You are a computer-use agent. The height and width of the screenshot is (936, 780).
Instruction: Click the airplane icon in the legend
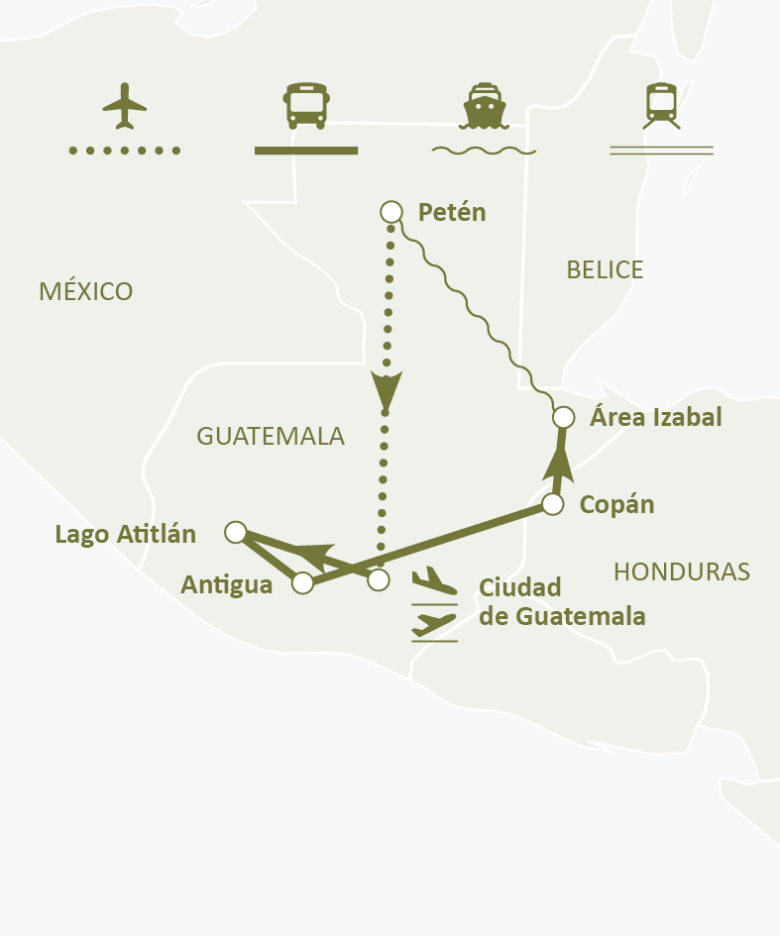[x=124, y=105]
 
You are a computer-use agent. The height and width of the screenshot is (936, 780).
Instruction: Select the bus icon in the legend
[x=305, y=105]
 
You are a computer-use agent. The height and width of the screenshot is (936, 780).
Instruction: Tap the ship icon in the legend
[x=485, y=105]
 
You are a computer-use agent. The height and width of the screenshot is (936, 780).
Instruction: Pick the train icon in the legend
[x=661, y=105]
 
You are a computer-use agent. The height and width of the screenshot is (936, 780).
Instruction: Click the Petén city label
[x=452, y=212]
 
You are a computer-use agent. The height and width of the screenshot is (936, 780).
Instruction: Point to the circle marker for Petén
[x=391, y=211]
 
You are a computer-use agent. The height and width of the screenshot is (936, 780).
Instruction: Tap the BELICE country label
[x=605, y=269]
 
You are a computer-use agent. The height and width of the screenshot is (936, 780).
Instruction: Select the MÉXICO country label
[x=85, y=291]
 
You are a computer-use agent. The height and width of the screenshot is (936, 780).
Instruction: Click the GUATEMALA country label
[x=270, y=436]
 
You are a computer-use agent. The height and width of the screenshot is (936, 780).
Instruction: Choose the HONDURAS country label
[x=681, y=572]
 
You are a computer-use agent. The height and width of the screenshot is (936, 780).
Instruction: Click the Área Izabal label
[x=655, y=417]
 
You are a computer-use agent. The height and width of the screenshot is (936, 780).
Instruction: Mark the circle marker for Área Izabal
[x=563, y=417]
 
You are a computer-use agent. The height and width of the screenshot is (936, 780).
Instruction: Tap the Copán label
[x=616, y=504]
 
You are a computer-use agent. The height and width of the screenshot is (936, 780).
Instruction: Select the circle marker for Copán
[x=553, y=505]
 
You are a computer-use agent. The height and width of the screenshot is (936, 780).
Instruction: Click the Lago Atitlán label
[x=125, y=535]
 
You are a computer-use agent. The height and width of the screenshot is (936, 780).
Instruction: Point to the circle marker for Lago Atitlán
[x=235, y=533]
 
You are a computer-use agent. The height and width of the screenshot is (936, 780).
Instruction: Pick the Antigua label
[x=226, y=585]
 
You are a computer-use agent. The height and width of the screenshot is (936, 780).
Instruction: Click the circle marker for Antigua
[x=303, y=583]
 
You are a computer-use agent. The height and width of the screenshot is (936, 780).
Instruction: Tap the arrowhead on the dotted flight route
[x=387, y=389]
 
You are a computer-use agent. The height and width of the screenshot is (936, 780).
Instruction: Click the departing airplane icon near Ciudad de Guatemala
[x=434, y=580]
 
